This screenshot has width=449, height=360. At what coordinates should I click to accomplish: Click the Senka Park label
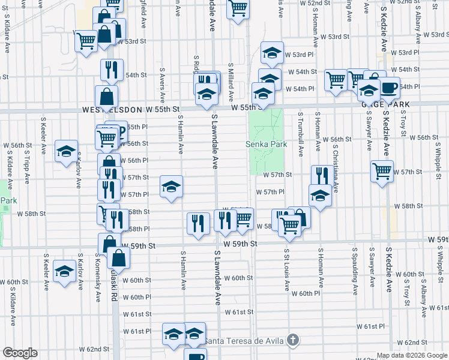tap(266, 144)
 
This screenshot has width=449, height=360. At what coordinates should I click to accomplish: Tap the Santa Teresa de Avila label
tap(244, 341)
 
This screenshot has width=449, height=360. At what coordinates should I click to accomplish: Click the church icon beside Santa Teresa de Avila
tap(292, 340)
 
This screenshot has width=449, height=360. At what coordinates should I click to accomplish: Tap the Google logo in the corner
tap(20, 353)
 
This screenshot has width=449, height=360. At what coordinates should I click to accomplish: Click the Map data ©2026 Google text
tap(412, 355)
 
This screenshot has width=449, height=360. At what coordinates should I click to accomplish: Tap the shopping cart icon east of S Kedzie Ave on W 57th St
tap(382, 170)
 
